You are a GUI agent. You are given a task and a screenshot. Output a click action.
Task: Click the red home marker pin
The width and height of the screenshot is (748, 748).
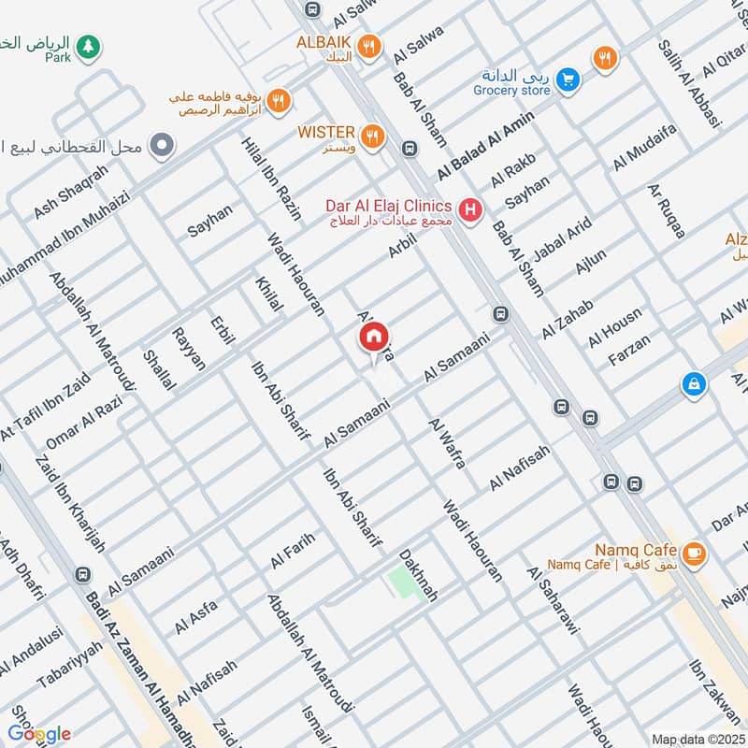click(374, 338)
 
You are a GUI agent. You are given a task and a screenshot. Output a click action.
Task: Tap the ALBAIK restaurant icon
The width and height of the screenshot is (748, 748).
click(371, 45)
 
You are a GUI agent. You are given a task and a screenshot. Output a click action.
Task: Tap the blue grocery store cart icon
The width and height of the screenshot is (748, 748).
click(566, 81)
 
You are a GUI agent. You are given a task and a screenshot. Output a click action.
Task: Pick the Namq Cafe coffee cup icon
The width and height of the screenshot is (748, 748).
click(693, 554)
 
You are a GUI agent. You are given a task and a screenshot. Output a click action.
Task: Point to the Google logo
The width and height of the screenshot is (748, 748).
click(39, 734)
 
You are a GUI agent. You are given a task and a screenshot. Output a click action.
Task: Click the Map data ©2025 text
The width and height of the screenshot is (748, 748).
click(697, 739)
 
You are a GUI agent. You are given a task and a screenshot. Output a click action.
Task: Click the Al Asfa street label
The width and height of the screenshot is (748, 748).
click(196, 618)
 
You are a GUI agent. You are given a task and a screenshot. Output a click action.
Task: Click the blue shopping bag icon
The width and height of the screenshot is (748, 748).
click(694, 383)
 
